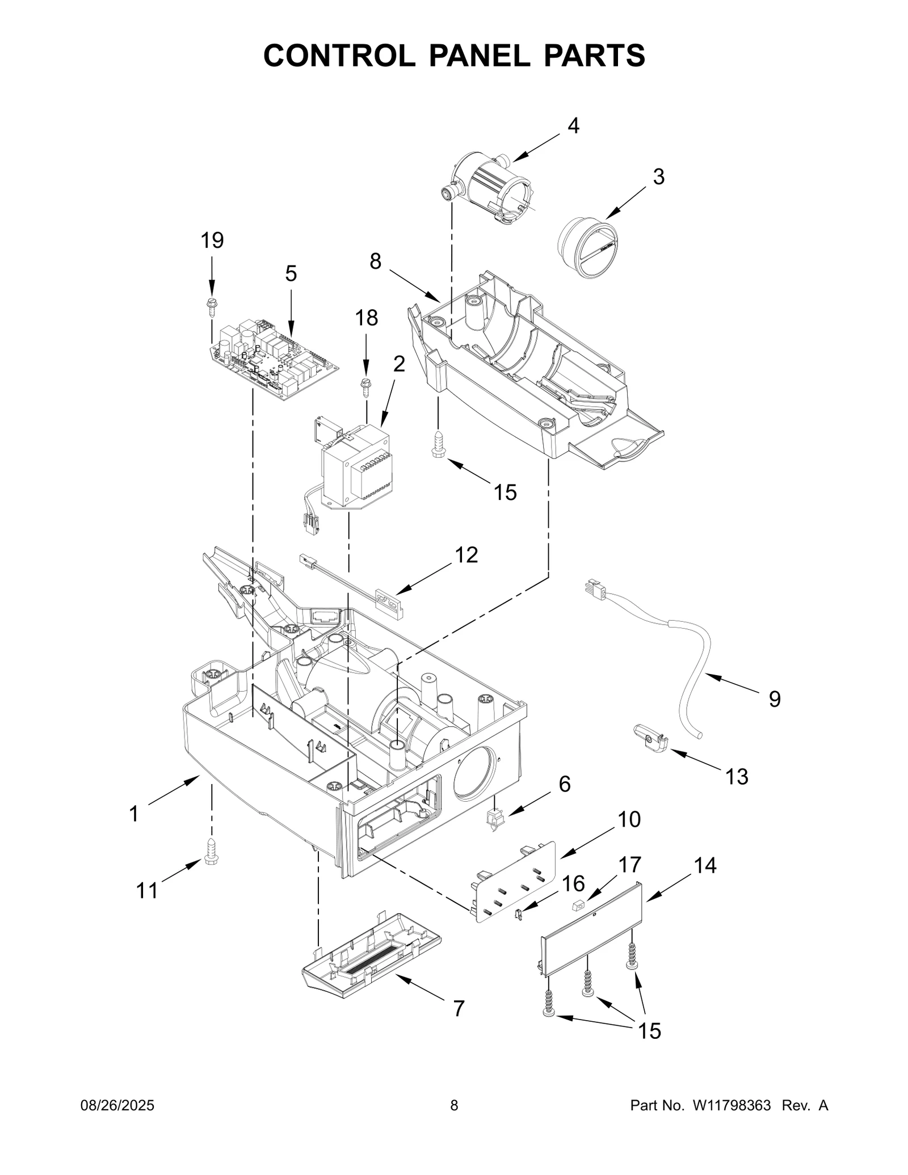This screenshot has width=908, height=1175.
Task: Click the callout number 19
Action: pos(212,241)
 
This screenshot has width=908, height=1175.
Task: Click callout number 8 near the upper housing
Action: pos(375,262)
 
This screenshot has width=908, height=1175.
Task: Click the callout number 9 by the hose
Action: pos(774,698)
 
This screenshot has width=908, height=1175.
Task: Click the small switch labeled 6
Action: pos(495,819)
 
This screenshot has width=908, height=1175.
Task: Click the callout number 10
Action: pos(629,819)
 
